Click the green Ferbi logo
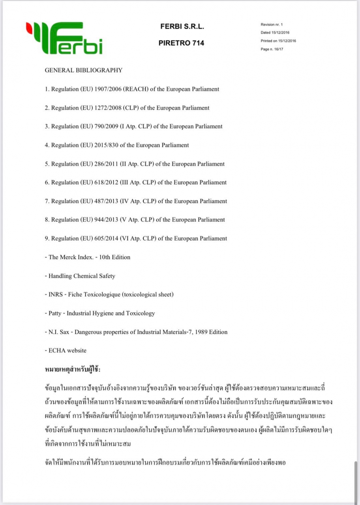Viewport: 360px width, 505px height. [x=64, y=38]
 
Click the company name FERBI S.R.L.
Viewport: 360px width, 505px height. [x=182, y=26]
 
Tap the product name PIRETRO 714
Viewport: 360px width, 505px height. [x=181, y=43]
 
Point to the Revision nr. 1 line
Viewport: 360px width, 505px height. [x=272, y=25]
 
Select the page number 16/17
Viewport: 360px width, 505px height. [x=278, y=49]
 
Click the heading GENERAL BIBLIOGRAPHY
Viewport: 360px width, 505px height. [x=83, y=70]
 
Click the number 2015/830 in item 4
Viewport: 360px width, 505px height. [x=106, y=145]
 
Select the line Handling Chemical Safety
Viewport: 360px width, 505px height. [x=82, y=276]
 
